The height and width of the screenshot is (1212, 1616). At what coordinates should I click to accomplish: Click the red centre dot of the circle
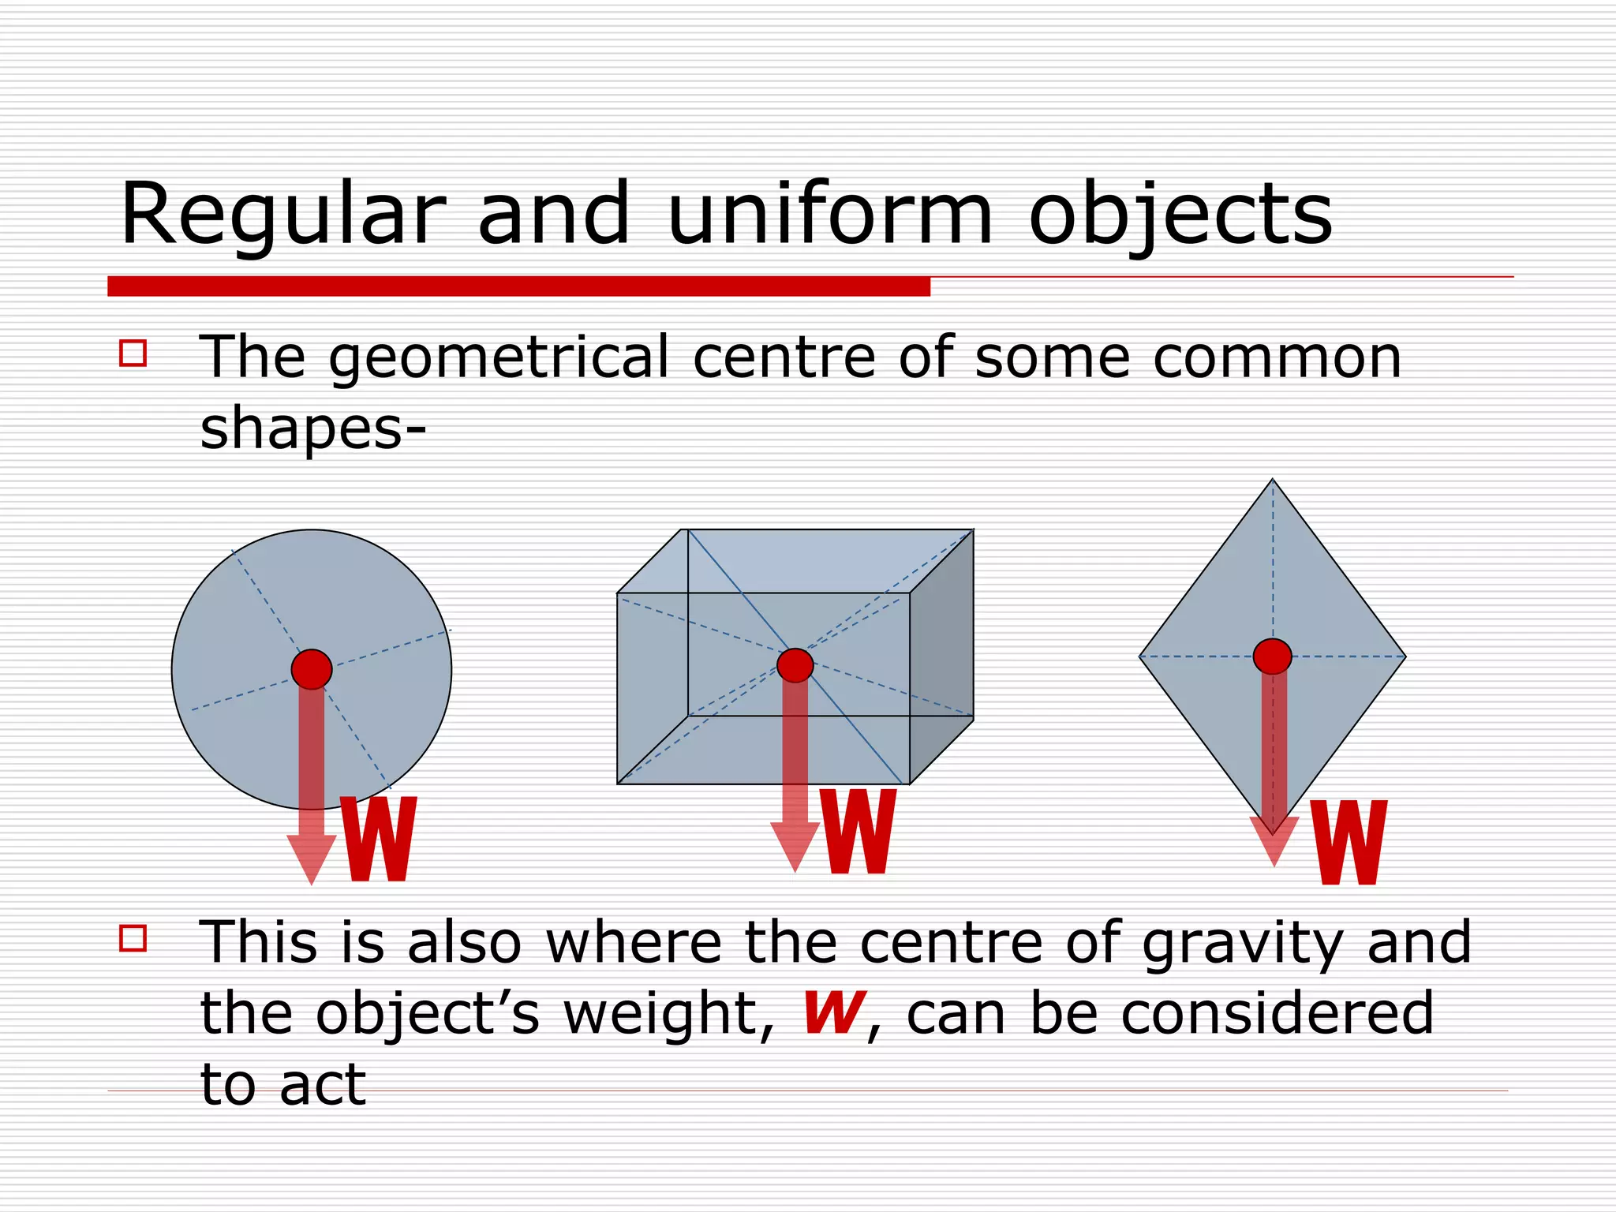click(312, 669)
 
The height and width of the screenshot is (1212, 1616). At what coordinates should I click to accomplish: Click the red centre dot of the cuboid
click(795, 665)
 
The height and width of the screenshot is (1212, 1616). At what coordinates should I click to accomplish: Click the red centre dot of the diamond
click(1272, 656)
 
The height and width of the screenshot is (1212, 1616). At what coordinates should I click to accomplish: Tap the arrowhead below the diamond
click(1274, 840)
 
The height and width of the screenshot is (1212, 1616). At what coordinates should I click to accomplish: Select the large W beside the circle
click(378, 839)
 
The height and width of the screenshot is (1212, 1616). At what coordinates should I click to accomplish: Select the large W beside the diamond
click(1349, 842)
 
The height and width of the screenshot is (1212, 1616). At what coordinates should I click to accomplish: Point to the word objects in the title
click(1180, 215)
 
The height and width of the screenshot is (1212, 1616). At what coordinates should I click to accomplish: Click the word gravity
click(1243, 942)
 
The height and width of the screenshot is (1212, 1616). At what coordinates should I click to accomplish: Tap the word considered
click(1277, 1013)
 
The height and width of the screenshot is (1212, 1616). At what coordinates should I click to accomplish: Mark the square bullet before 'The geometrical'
click(133, 353)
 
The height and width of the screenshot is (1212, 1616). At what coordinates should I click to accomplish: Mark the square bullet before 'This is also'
click(133, 938)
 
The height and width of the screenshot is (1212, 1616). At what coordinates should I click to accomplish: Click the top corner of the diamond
click(1272, 481)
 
